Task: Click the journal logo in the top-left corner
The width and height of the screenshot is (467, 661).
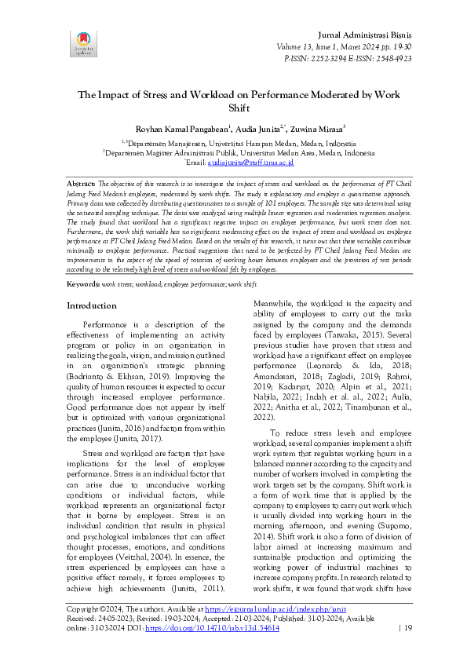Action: pos(82,43)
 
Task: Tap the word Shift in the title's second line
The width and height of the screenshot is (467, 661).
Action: pos(238,108)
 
